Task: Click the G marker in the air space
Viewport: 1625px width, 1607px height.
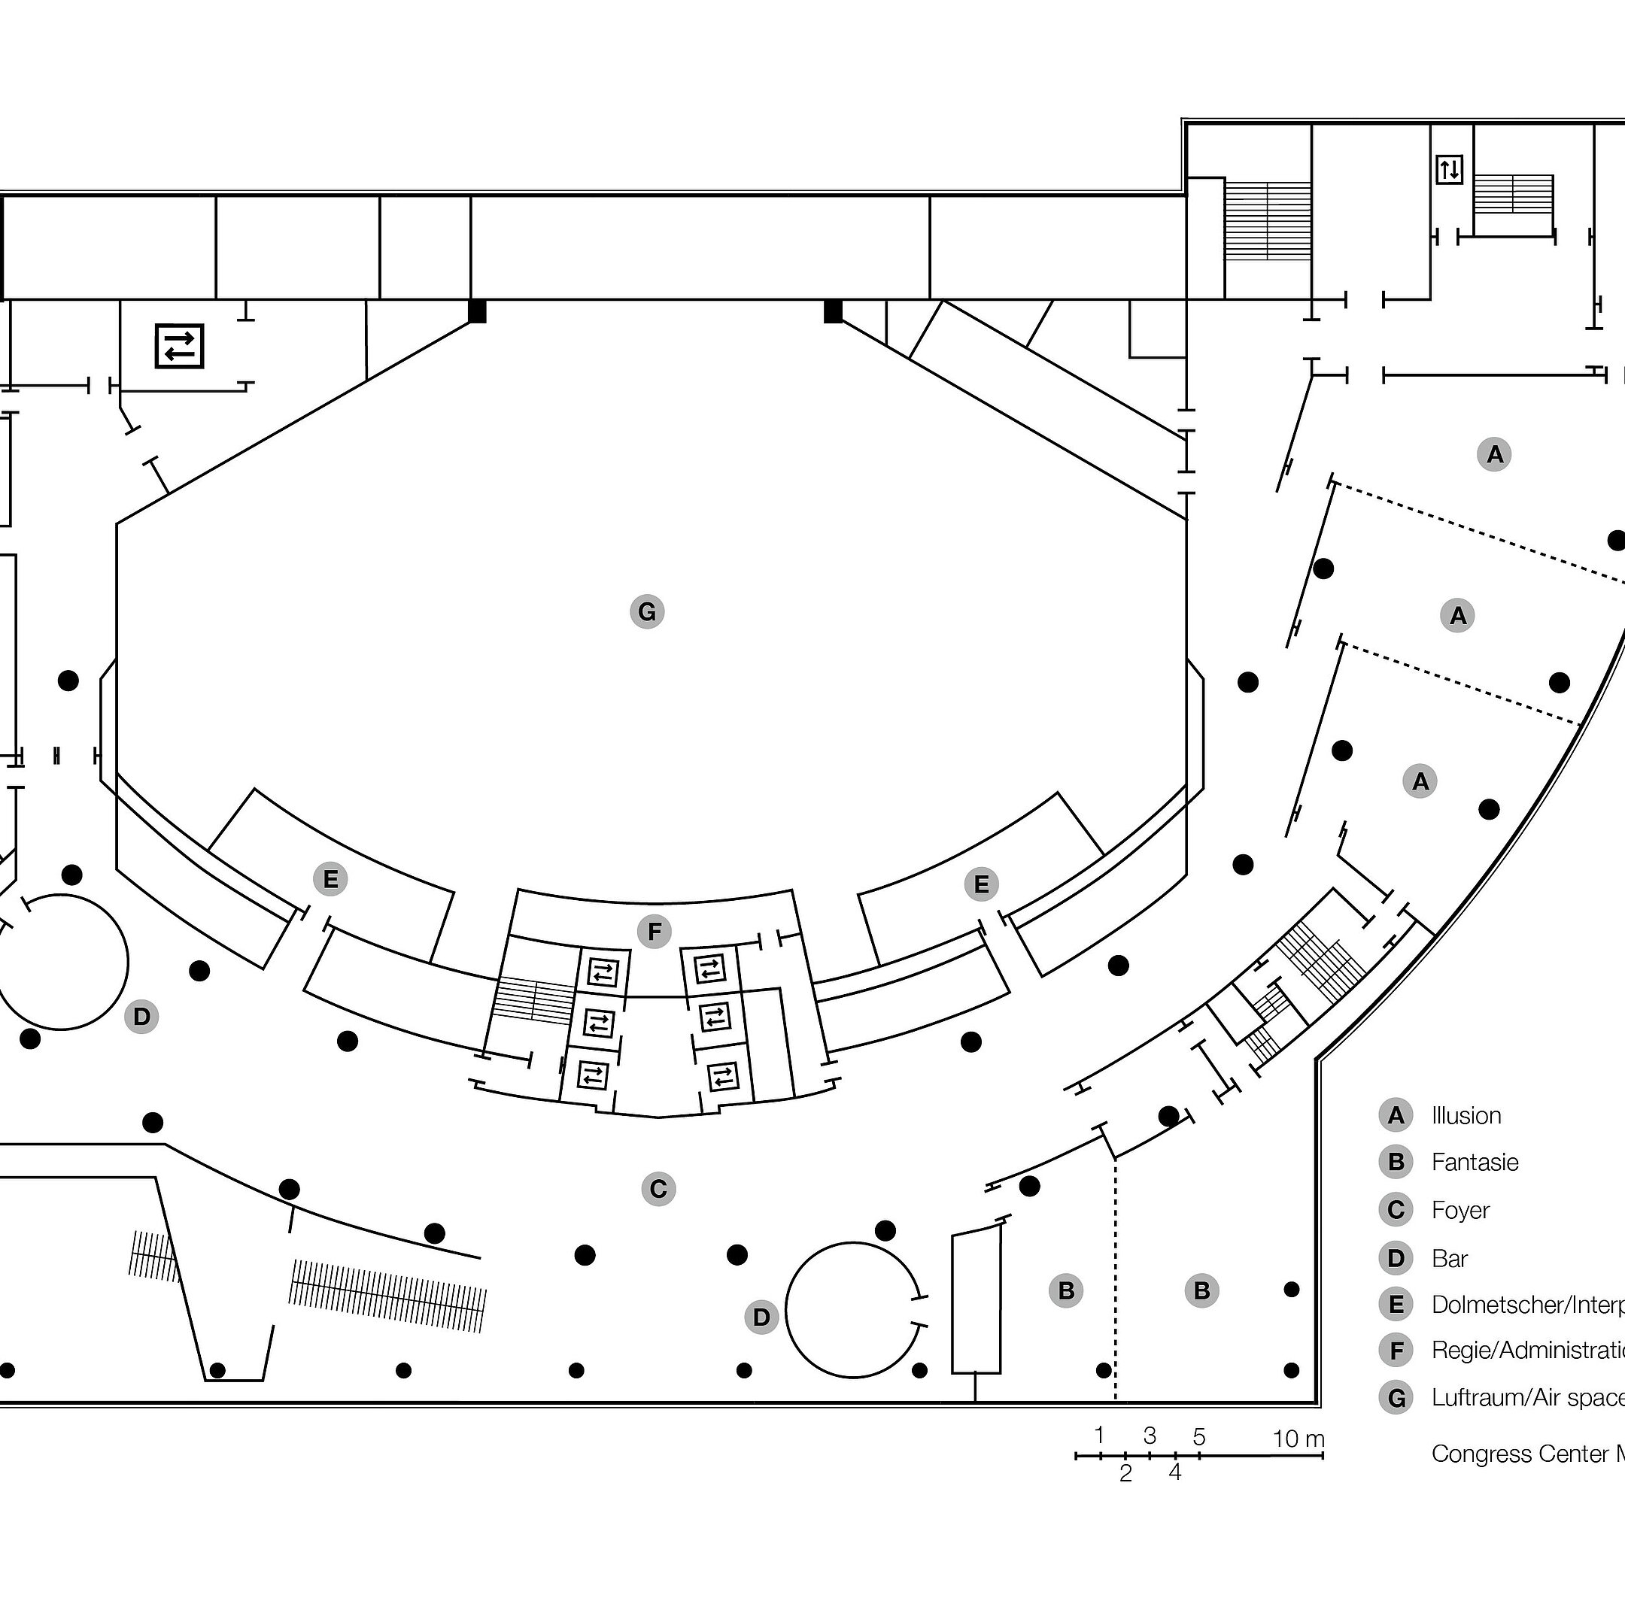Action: (647, 611)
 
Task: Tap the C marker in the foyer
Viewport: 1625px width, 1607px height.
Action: (658, 1189)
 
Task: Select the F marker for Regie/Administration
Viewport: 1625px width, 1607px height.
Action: (655, 932)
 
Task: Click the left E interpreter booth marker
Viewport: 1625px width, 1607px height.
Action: (330, 880)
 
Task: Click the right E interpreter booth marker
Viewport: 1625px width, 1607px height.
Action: (981, 884)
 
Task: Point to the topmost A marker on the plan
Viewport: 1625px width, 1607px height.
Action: (1494, 454)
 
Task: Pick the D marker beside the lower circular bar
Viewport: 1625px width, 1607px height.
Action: (761, 1317)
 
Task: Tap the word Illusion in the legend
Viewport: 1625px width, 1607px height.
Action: (1466, 1116)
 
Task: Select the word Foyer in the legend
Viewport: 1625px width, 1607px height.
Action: (1460, 1211)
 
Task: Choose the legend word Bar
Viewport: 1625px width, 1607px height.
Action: (1449, 1259)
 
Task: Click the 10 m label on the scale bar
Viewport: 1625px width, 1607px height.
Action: (1298, 1439)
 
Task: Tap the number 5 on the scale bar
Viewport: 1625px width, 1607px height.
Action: (1199, 1437)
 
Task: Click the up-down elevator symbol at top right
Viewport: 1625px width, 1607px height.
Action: (1449, 170)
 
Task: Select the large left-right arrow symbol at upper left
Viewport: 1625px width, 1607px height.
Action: (179, 346)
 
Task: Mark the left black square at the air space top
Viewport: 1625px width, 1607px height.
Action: (477, 311)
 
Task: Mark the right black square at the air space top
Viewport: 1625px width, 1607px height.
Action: (833, 311)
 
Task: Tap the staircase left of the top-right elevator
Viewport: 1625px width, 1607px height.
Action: (1267, 220)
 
